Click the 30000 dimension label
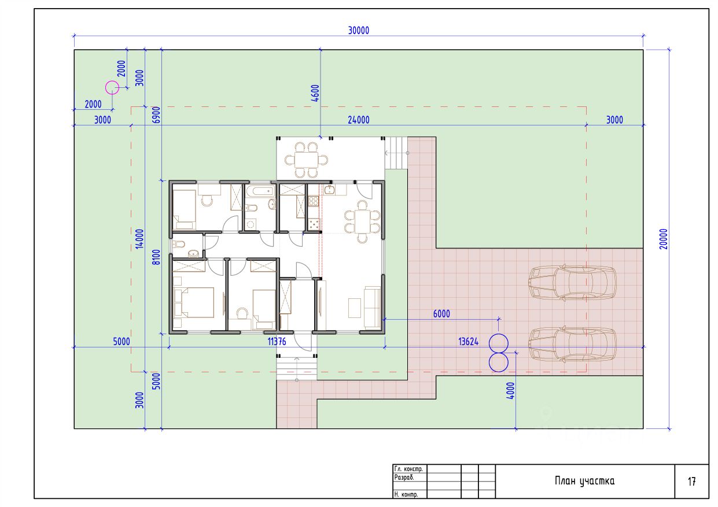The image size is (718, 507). coord(358,31)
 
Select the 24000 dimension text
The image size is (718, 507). coord(358,120)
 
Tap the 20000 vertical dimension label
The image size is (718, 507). coord(664,239)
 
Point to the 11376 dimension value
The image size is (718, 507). coord(277,342)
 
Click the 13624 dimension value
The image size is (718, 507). coord(468,342)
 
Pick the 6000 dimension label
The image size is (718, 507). coord(441,314)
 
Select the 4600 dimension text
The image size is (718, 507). coord(315,93)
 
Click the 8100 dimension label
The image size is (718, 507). coord(156,257)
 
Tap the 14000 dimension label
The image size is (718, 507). coord(139,239)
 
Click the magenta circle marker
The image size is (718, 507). coord(112,87)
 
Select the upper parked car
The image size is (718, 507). coord(572,283)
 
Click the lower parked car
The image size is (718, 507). coord(572,345)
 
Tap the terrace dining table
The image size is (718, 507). coord(306,160)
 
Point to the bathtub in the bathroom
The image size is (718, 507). coord(260,191)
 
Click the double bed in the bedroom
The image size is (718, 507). coord(194,302)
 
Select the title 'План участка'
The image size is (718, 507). coord(585,481)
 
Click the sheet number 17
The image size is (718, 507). coord(692,482)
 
